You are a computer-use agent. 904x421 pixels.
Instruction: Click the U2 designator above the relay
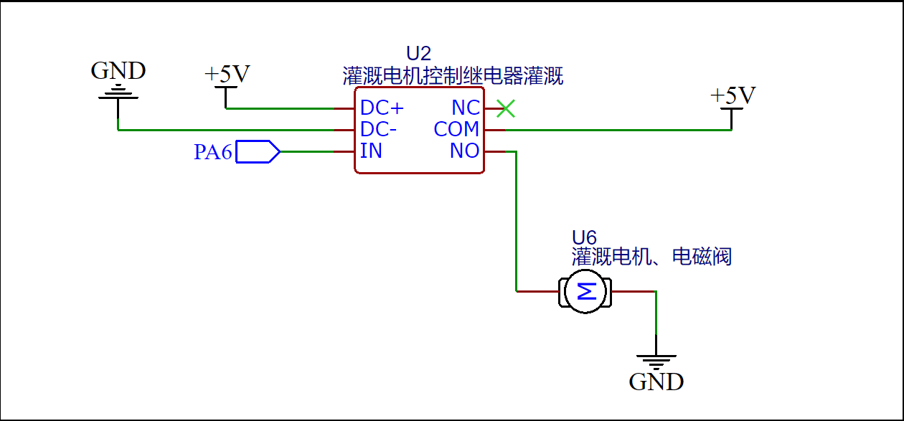coord(419,54)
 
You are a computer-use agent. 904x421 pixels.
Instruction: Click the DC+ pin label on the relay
coord(382,108)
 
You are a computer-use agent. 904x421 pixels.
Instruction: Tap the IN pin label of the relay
coord(371,151)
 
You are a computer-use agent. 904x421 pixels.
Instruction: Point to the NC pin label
coord(465,108)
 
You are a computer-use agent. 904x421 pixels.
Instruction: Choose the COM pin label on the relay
coord(456,130)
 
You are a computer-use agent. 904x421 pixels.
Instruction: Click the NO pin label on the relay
coord(464,151)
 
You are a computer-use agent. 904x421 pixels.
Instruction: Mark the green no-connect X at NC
coord(506,109)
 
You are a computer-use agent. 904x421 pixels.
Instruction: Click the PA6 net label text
coord(212,152)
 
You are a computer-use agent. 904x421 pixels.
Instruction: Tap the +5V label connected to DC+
coord(227,75)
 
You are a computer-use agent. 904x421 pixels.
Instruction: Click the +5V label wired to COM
coord(733,96)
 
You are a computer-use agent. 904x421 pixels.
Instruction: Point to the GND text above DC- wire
coord(118,71)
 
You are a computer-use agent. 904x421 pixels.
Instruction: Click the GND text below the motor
coord(656,382)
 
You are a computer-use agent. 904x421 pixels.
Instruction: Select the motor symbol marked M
coord(585,291)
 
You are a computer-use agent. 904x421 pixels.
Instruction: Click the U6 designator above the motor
coord(584,237)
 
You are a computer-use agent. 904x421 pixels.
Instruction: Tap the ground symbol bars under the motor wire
coord(656,361)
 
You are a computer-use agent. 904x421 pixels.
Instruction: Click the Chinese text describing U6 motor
coord(651,256)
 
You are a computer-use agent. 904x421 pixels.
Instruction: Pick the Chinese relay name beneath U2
coord(453,75)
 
